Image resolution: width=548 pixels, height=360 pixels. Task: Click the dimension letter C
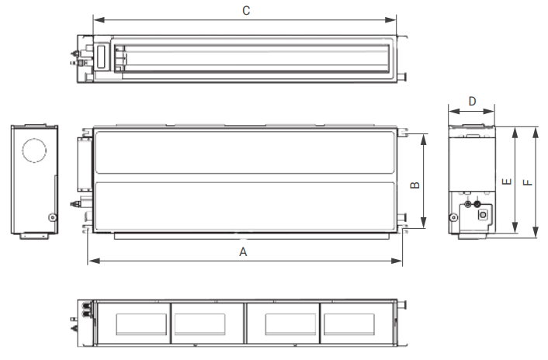246,11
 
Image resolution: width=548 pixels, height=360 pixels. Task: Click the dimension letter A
243,251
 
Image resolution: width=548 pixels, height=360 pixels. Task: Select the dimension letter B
414,185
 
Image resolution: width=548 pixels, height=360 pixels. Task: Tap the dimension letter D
472,102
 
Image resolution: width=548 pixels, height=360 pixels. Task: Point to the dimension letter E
507,182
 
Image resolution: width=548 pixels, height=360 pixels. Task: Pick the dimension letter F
528,182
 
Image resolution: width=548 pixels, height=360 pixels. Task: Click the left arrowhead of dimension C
99,19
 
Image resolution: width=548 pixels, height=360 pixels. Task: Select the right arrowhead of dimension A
397,261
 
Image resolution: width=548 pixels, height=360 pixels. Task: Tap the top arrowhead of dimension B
424,140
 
